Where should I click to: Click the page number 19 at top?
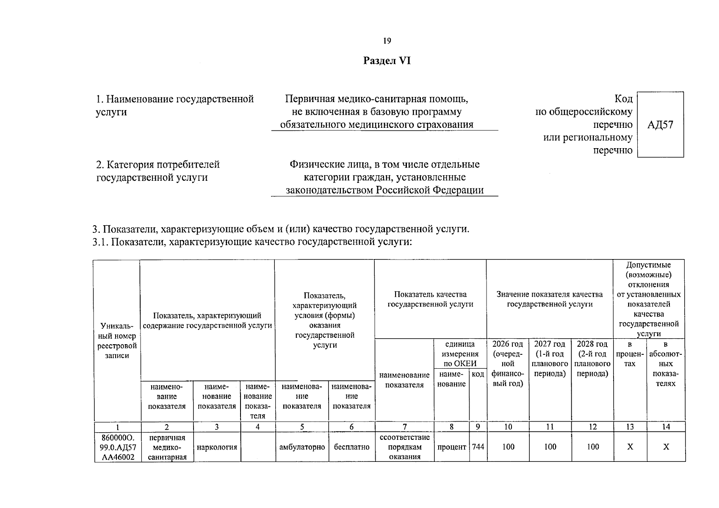click(387, 41)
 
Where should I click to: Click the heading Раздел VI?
click(387, 61)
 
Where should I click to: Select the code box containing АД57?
click(660, 124)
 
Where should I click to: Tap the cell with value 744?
click(478, 447)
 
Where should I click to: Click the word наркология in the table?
click(217, 447)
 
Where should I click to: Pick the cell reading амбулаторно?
click(302, 447)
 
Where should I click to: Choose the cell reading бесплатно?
click(351, 447)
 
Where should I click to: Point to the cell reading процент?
click(451, 447)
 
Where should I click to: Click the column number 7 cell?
click(404, 427)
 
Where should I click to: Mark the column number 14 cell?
click(666, 427)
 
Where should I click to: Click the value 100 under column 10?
click(508, 447)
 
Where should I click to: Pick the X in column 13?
click(630, 447)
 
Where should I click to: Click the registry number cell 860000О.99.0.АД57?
click(117, 447)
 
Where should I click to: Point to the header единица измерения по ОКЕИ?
click(460, 354)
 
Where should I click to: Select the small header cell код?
click(478, 374)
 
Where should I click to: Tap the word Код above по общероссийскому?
click(623, 99)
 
